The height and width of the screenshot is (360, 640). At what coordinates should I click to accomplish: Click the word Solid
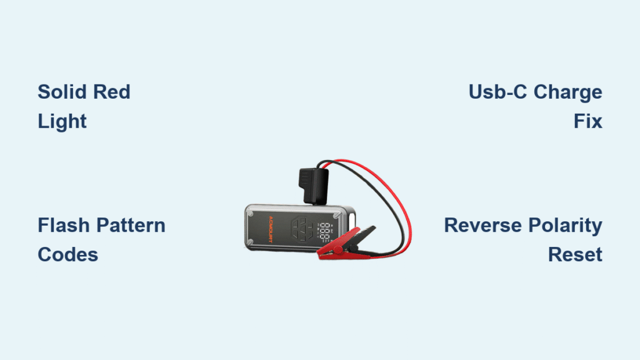coord(61,92)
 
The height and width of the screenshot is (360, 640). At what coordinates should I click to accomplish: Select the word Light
coord(62,121)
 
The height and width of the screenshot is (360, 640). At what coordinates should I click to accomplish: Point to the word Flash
coord(63,225)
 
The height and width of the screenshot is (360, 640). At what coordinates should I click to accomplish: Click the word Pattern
coord(132,225)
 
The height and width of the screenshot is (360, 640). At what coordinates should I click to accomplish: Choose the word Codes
coord(67,254)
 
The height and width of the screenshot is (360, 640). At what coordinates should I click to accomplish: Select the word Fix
coord(588,121)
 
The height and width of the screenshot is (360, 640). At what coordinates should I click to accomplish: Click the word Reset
coord(575,254)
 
